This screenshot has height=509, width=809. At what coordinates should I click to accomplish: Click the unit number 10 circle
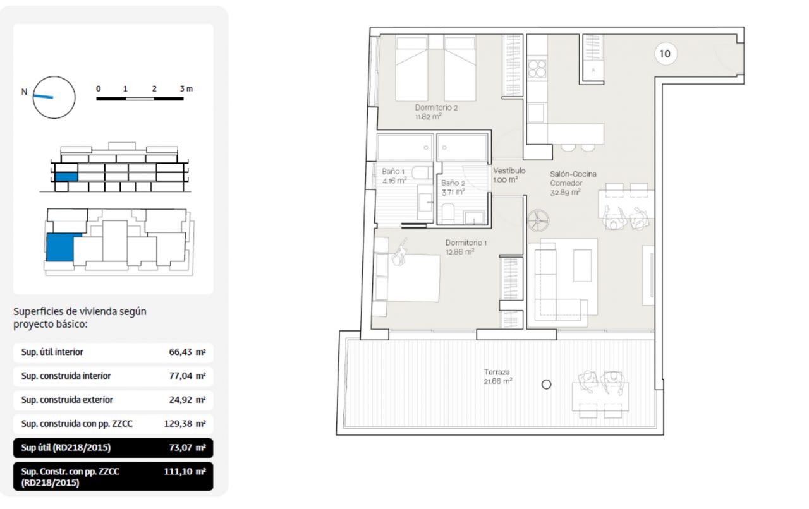click(x=665, y=54)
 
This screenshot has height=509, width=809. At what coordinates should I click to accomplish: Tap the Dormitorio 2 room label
click(x=436, y=107)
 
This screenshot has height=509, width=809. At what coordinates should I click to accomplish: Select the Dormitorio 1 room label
click(x=466, y=243)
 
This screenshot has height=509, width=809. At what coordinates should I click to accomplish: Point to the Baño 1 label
click(x=393, y=172)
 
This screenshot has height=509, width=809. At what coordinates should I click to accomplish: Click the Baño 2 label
click(x=453, y=183)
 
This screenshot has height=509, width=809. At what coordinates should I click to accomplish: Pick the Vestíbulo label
click(x=509, y=171)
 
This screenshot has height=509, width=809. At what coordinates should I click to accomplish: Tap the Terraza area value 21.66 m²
click(x=497, y=381)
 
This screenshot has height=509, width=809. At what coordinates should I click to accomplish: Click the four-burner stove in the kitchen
click(x=537, y=69)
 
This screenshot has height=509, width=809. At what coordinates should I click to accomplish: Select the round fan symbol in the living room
click(x=538, y=220)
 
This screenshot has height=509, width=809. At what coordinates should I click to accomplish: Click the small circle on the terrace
click(x=547, y=385)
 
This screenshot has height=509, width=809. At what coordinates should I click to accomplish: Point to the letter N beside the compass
click(x=24, y=92)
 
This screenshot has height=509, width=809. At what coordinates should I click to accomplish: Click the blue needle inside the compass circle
click(x=43, y=97)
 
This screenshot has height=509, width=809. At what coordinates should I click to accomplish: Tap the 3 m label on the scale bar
click(x=186, y=89)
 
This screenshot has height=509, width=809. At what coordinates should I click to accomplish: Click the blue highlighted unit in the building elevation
click(x=66, y=177)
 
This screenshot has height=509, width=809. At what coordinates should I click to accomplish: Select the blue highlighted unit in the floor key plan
click(x=61, y=248)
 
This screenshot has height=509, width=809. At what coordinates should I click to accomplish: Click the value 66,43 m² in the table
click(x=188, y=352)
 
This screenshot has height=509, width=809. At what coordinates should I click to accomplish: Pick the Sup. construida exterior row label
click(x=67, y=400)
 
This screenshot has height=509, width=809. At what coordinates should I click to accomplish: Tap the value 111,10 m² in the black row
click(x=185, y=472)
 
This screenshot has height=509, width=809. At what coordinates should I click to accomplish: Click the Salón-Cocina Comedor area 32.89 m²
click(x=565, y=193)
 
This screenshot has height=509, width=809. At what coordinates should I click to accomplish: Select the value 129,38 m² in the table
click(x=185, y=424)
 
